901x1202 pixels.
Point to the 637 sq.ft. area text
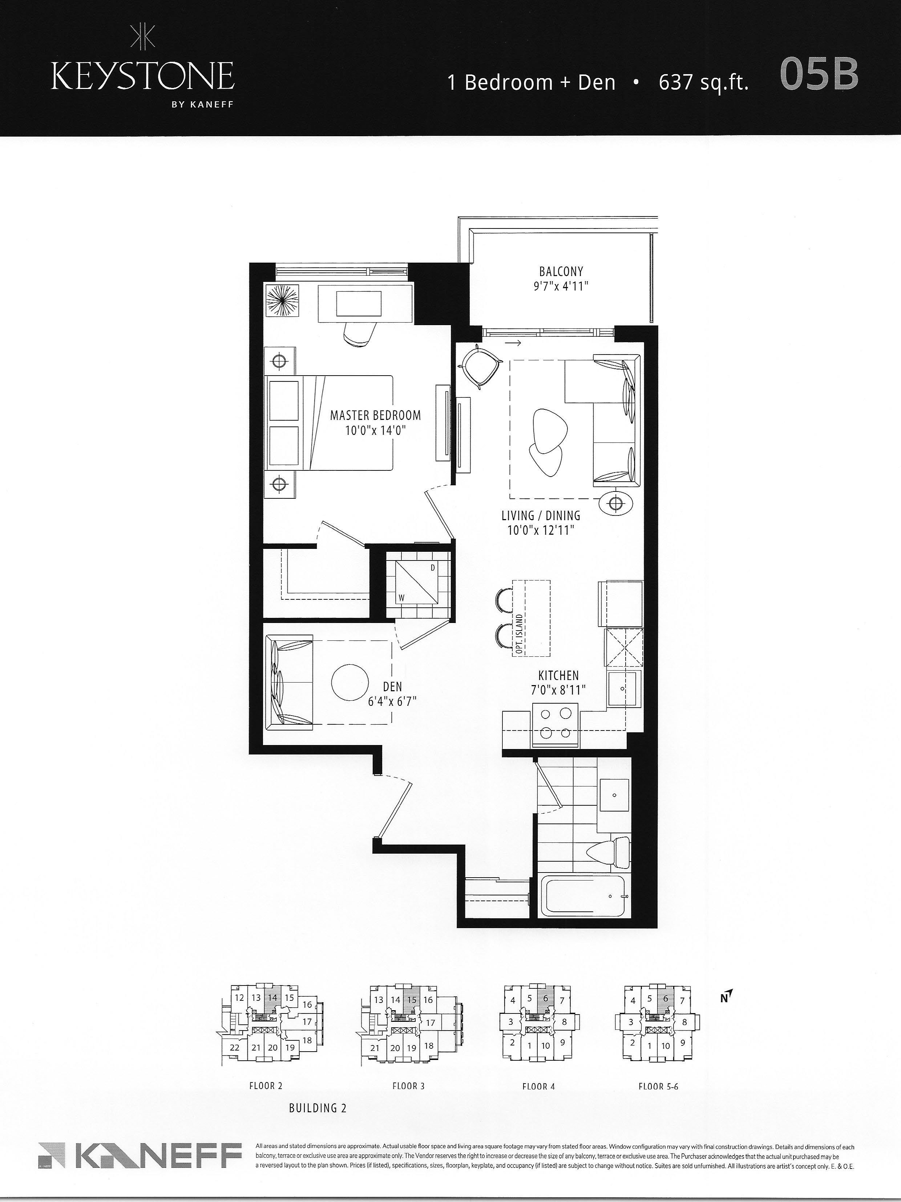point(704,82)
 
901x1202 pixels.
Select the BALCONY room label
point(561,271)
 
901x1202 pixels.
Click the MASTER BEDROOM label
point(376,416)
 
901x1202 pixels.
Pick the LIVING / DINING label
point(541,516)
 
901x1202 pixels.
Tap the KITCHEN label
point(559,675)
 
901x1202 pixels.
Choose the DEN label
point(392,687)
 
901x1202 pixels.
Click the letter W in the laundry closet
point(401,598)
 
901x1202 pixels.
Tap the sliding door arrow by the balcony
point(516,343)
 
